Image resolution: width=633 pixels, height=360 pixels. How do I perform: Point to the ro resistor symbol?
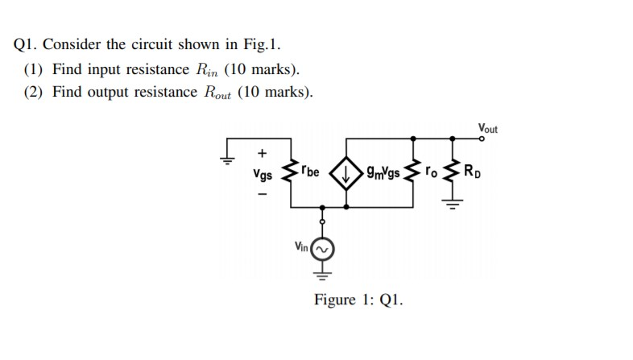pyautogui.click(x=415, y=172)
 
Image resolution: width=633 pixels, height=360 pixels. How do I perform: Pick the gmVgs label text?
pyautogui.click(x=382, y=171)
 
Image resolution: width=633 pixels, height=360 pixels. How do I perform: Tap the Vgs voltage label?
pyautogui.click(x=262, y=173)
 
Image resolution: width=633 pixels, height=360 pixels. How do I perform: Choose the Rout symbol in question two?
pyautogui.click(x=213, y=92)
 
